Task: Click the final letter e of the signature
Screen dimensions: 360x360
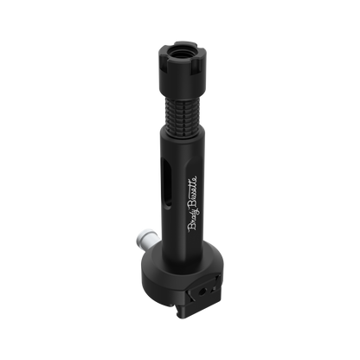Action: point(193,178)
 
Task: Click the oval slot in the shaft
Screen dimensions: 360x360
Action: point(167,183)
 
